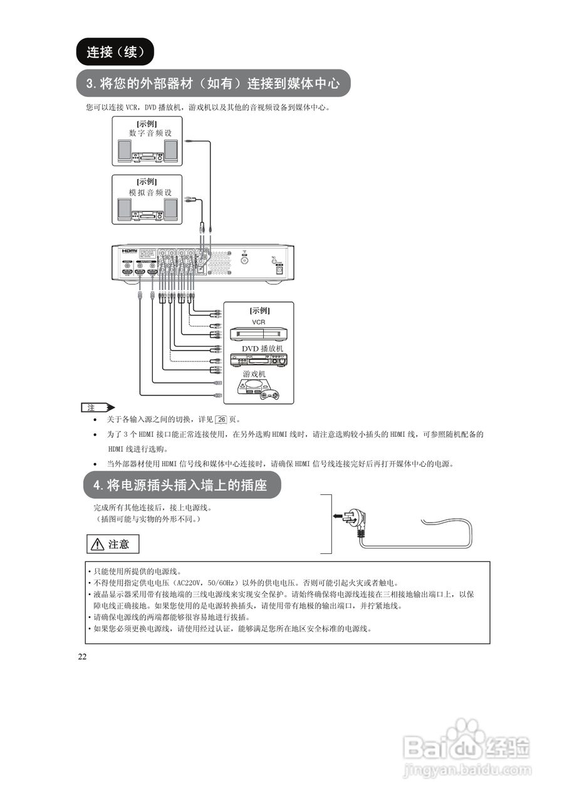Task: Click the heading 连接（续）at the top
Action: click(x=115, y=52)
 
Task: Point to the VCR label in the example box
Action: click(x=258, y=321)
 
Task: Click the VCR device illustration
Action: click(x=258, y=335)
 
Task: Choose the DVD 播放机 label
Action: click(x=263, y=348)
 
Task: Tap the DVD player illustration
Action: click(x=259, y=360)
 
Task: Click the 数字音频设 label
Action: click(x=150, y=133)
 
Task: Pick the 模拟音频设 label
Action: click(x=150, y=192)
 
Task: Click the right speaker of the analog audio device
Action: click(x=170, y=210)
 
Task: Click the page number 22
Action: click(x=82, y=657)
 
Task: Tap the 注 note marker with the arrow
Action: click(x=97, y=407)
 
